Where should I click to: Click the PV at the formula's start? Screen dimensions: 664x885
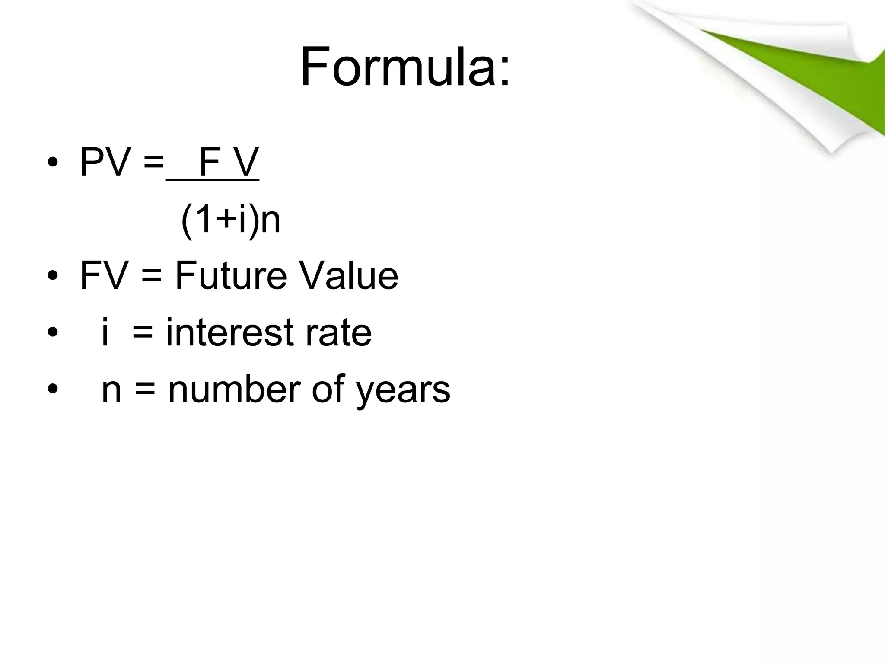(105, 163)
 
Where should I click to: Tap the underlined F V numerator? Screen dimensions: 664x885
(229, 163)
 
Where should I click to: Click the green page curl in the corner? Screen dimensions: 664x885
(799, 69)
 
